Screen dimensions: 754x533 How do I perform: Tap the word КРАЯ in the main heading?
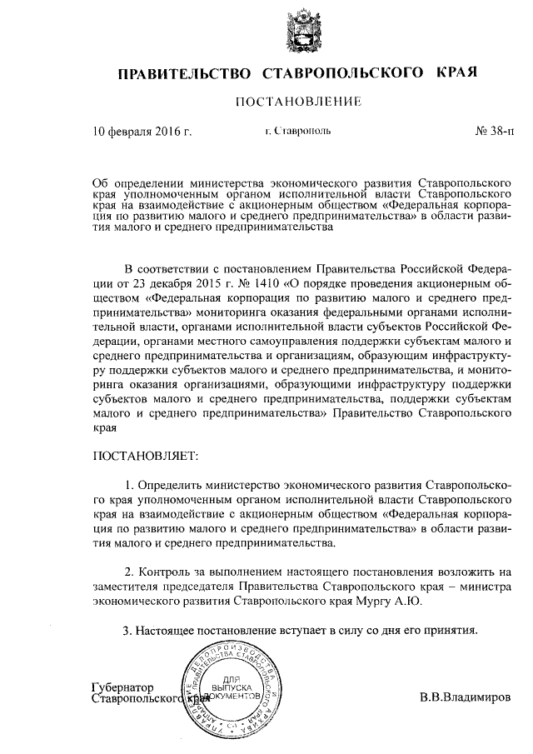pyautogui.click(x=455, y=73)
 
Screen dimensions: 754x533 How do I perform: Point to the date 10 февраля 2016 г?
pyautogui.click(x=142, y=131)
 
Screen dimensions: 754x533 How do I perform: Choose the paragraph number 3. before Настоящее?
pyautogui.click(x=127, y=629)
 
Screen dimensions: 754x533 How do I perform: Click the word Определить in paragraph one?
pyautogui.click(x=172, y=484)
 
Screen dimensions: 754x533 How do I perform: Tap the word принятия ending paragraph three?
pyautogui.click(x=450, y=629)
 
